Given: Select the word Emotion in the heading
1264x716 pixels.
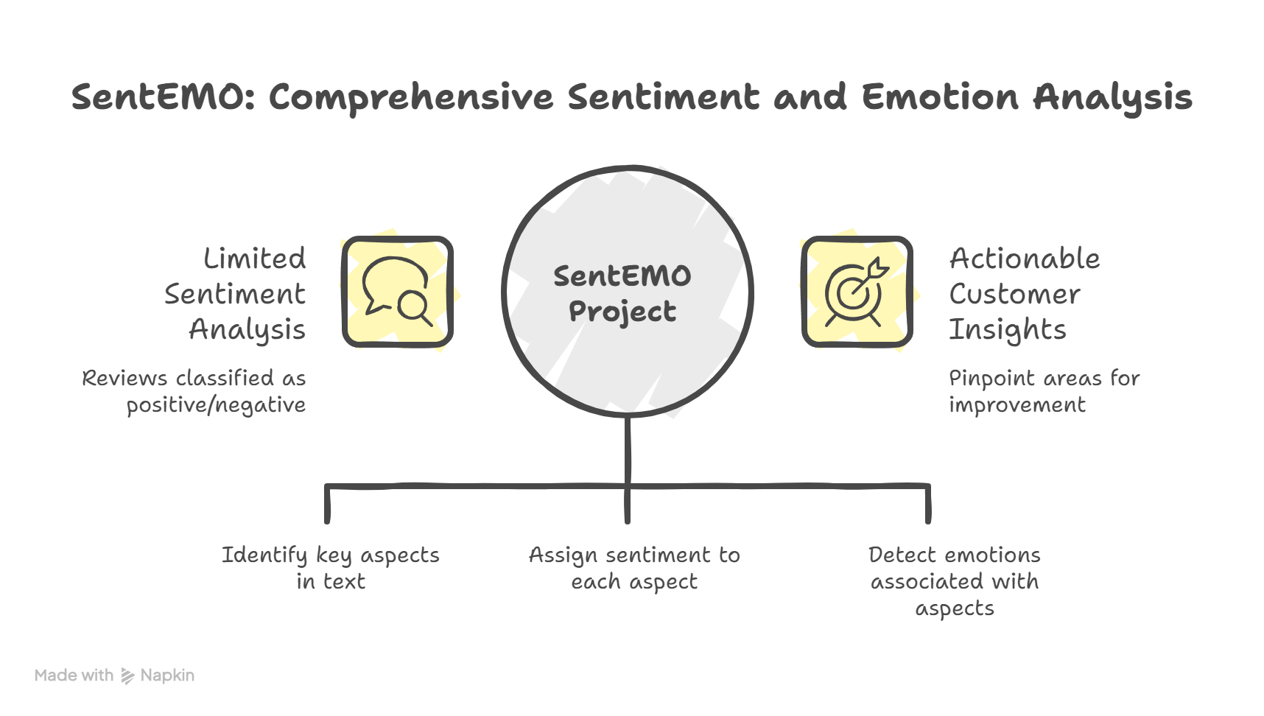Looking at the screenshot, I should tap(939, 97).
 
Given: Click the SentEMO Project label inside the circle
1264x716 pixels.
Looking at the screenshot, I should tap(622, 293).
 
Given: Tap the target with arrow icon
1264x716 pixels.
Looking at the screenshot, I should tap(857, 292).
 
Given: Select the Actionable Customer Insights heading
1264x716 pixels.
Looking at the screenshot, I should tap(1024, 294).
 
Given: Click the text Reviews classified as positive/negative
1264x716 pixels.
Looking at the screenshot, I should tap(194, 391).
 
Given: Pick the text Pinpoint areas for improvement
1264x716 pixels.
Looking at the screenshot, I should tap(1044, 391).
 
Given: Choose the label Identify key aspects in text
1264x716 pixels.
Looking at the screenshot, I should tap(331, 568).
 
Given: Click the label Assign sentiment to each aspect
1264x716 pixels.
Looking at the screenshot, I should tap(634, 568).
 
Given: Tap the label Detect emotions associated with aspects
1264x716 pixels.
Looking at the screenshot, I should tap(955, 581).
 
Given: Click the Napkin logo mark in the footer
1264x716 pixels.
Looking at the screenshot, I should tap(127, 675).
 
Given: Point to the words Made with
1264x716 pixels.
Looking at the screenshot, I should tap(74, 675).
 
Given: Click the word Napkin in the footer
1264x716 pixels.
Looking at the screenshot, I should tap(167, 675).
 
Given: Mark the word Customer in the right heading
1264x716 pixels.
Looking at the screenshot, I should tap(1014, 294).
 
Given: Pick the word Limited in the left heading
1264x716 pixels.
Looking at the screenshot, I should tap(254, 259).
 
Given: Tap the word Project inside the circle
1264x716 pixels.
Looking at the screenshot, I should tap(622, 312).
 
